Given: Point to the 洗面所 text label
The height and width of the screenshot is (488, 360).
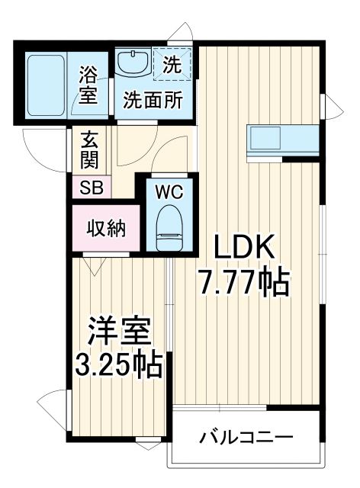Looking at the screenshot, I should point(153,101).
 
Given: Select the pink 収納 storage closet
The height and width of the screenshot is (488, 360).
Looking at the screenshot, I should point(105,227).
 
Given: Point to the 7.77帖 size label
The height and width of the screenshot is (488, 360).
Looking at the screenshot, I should point(244,284).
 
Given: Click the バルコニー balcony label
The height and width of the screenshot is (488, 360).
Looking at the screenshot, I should point(246,438).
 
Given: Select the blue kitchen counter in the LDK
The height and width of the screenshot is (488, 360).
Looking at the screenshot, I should point(282,140).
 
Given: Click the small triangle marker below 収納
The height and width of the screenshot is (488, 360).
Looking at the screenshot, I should point(94,266).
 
